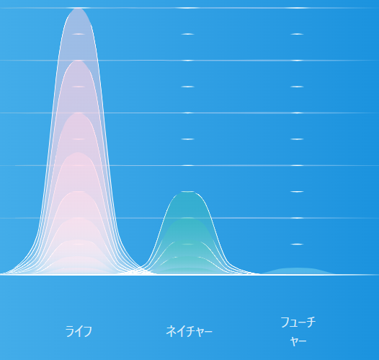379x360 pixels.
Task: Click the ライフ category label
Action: [79, 331]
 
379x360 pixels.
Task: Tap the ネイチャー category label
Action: [189, 331]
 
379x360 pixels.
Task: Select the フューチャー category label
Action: [298, 331]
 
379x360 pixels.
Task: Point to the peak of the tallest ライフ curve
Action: [79, 9]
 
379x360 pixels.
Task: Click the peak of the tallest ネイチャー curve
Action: [188, 192]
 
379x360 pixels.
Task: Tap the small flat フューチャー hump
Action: [298, 271]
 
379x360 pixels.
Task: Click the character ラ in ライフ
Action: [69, 331]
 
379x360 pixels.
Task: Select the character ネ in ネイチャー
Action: [171, 331]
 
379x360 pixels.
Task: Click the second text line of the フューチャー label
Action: [298, 341]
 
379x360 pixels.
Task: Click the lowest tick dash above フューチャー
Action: [297, 244]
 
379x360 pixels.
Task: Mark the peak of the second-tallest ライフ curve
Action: [79, 61]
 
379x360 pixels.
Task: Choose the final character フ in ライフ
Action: [88, 331]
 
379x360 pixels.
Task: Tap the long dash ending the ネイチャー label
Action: [208, 331]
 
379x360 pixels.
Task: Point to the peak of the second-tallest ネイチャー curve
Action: [188, 219]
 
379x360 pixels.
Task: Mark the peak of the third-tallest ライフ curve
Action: [79, 113]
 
